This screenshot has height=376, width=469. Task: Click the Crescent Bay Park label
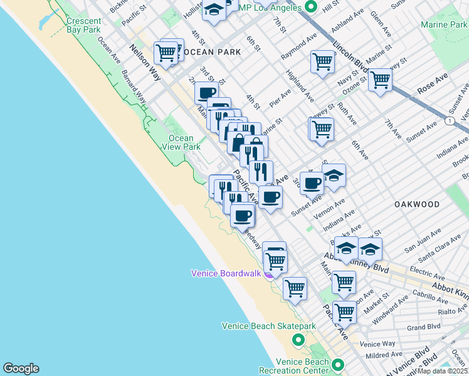pos(83,25)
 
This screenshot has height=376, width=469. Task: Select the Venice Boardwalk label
pos(225,273)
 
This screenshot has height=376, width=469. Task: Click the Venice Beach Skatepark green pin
pos(298,340)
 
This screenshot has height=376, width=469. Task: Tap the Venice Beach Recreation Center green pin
pos(339,365)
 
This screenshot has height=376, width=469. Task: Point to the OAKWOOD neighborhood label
pos(416,204)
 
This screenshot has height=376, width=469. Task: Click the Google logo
pos(21,368)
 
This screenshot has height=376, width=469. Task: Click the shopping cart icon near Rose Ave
pos(379,80)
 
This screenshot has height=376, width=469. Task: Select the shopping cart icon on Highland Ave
pos(322,61)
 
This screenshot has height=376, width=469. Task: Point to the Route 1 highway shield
pos(450,120)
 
